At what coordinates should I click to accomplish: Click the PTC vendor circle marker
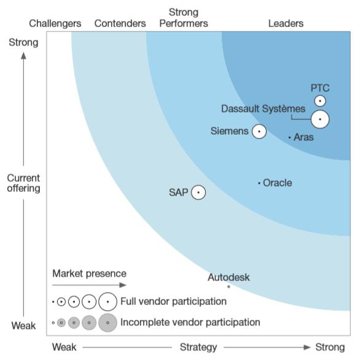(320, 101)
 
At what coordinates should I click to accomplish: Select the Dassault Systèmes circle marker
(320, 119)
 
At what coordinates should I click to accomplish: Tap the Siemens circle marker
(259, 132)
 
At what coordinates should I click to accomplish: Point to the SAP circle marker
(198, 192)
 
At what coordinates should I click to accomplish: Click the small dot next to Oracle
(259, 183)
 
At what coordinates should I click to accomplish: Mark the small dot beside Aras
(289, 138)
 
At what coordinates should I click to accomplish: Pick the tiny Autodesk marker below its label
(229, 287)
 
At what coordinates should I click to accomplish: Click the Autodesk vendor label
(229, 277)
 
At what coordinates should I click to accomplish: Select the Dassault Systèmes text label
(263, 109)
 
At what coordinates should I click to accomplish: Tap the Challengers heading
(55, 23)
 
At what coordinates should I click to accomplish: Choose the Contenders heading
(120, 23)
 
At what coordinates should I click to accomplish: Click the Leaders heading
(286, 23)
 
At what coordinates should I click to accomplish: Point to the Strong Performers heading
(184, 18)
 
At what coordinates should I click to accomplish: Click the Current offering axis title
(23, 183)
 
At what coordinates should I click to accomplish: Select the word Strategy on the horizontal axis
(198, 347)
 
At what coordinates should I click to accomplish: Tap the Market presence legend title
(89, 274)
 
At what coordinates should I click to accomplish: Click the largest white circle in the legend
(108, 301)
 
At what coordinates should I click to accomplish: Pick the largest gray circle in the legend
(108, 322)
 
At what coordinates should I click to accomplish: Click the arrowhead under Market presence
(123, 285)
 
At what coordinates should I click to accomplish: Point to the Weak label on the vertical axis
(23, 326)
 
